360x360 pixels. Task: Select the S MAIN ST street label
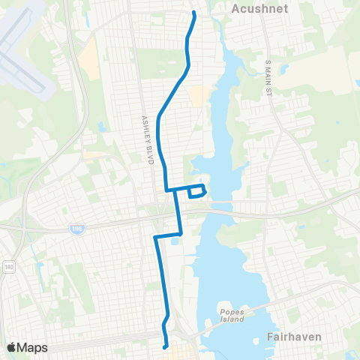click(267, 78)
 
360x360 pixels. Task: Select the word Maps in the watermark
click(33, 347)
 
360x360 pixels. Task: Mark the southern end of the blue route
click(165, 346)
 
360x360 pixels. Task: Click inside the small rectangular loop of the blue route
click(196, 191)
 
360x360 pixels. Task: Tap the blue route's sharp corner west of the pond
click(154, 237)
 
